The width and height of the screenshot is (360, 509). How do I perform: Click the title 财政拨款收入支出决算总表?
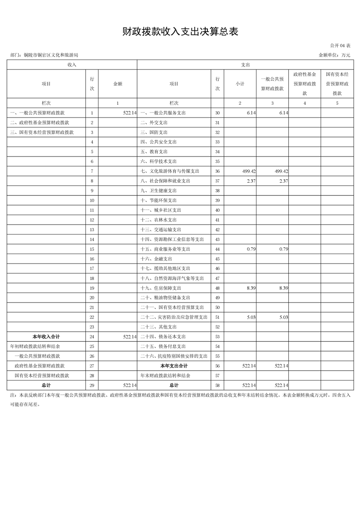pos(180,32)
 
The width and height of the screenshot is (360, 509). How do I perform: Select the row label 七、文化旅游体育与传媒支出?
pos(170,171)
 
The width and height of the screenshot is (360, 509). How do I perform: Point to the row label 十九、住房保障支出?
pos(161,288)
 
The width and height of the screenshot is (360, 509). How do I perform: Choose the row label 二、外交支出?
pos(154,122)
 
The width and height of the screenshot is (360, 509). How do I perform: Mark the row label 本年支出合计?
pos(174,366)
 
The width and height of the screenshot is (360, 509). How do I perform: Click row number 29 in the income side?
pos(92,385)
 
